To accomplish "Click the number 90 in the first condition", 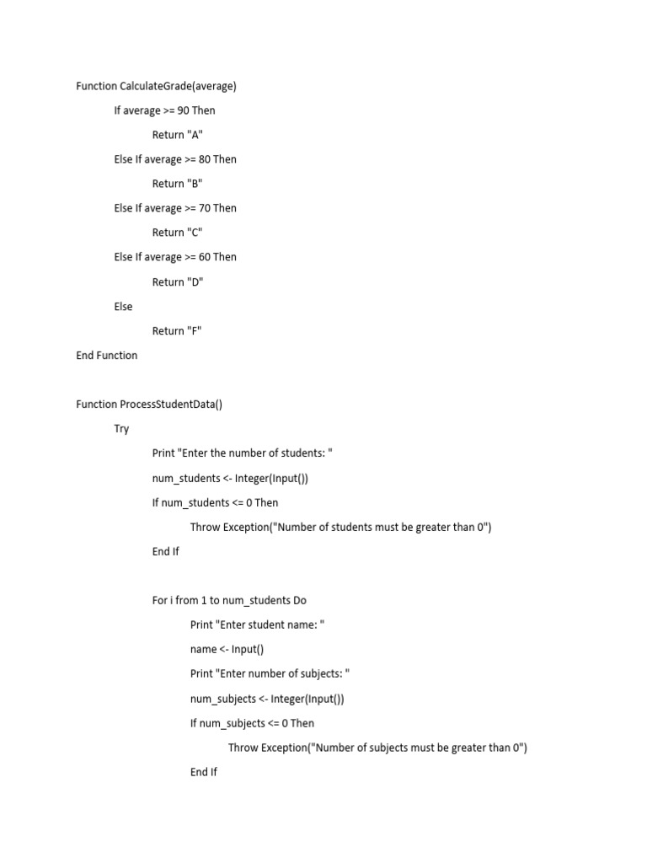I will [x=184, y=110].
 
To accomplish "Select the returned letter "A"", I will [x=195, y=135].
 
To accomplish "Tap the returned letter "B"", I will [x=195, y=184].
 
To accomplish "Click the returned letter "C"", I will [x=195, y=233].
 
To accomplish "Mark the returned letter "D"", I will [x=195, y=282].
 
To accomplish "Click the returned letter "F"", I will [x=195, y=331].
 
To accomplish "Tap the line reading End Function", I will [x=106, y=356].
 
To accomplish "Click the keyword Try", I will [x=122, y=429].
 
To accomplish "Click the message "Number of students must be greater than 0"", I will [x=379, y=528].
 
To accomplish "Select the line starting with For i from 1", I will [x=229, y=601].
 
